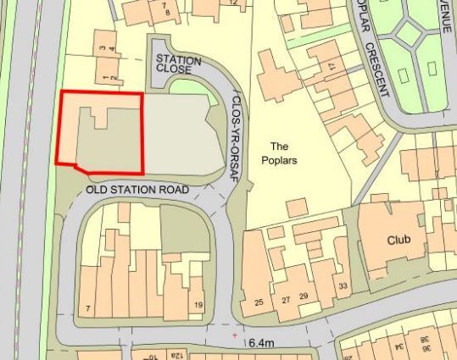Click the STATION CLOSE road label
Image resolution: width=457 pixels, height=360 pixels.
tap(178, 66)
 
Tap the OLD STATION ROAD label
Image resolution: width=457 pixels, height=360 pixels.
tap(137, 190)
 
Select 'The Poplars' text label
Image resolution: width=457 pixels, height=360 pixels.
tap(279, 152)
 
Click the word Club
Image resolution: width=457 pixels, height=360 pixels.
tap(398, 240)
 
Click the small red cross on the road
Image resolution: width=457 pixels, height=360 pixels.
tap(235, 335)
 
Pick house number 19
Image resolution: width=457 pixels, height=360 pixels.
tap(198, 305)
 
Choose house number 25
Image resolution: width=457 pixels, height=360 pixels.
tap(259, 302)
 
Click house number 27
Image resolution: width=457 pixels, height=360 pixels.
tap(286, 300)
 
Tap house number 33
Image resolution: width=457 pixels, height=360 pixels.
tap(343, 285)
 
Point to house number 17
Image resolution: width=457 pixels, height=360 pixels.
tap(332, 66)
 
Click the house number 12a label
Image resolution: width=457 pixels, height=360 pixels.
tap(176, 355)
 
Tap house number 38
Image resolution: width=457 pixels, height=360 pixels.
tap(449, 341)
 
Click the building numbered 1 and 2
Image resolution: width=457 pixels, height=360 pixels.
tap(107, 79)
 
